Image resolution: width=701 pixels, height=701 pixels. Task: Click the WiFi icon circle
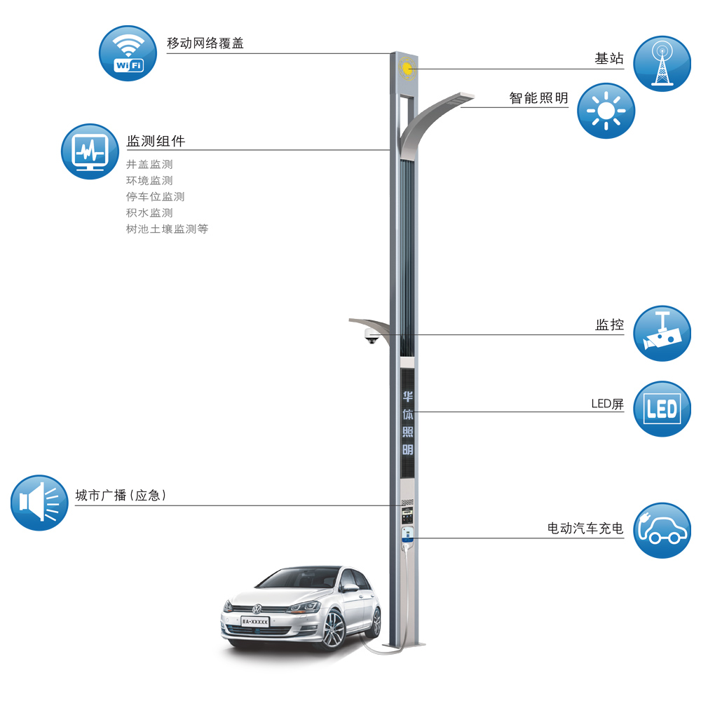click(127, 54)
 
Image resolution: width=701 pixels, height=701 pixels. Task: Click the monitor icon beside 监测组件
click(90, 151)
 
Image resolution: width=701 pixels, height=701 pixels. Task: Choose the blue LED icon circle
click(661, 409)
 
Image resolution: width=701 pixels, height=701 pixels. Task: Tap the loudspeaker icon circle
click(39, 502)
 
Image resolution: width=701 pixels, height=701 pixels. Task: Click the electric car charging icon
click(661, 530)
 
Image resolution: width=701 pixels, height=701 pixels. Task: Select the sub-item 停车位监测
click(155, 197)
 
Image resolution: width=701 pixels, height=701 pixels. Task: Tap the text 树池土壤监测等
click(167, 229)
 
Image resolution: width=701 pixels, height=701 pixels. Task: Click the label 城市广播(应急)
click(121, 496)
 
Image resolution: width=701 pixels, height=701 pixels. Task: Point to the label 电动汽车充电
click(585, 529)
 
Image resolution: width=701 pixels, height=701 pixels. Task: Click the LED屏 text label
click(607, 404)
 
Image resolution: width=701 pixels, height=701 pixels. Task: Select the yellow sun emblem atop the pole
click(406, 68)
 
